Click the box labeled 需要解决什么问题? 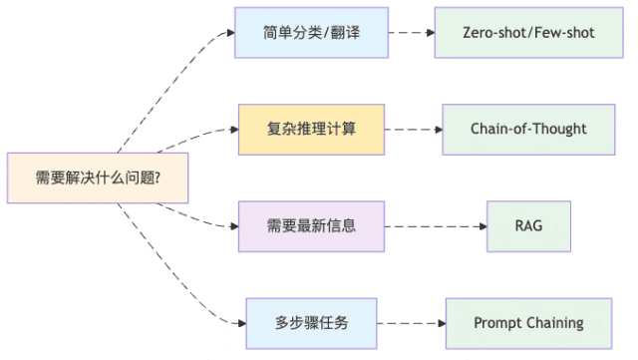pos(98,179)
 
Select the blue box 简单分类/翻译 pos(311,33)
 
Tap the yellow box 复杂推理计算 pos(311,130)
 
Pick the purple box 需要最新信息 pos(311,226)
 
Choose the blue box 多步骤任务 pos(311,323)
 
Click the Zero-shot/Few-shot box pos(528,33)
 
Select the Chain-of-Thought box pos(528,130)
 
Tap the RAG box pos(528,226)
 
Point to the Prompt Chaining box pos(528,323)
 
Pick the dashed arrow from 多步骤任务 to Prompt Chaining pos(411,323)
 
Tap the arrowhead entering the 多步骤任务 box pos(240,322)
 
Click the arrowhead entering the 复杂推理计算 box pos(233,131)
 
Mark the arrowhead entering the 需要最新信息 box pos(233,225)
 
